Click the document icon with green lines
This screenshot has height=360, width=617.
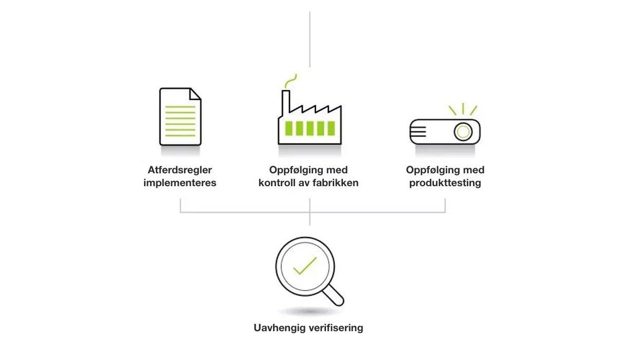[180, 117]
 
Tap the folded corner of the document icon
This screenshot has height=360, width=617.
[195, 94]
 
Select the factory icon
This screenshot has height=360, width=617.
[310, 110]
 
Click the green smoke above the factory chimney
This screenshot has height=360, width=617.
[291, 81]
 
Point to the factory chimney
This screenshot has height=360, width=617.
[286, 103]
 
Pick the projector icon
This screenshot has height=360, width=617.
[445, 124]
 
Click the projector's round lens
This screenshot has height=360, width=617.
[463, 132]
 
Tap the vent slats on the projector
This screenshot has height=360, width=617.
[418, 132]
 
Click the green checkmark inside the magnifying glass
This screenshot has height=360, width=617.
[305, 266]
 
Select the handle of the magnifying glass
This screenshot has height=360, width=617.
[334, 295]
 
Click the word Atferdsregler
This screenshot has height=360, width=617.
[180, 170]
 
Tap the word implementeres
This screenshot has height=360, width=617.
[180, 183]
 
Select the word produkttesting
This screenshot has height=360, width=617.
[445, 183]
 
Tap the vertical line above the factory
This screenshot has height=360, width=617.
[310, 39]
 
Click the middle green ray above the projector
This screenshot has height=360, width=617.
[463, 109]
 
